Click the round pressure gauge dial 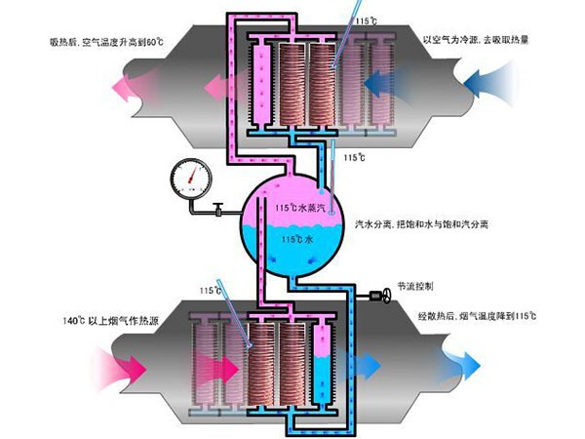[191, 179]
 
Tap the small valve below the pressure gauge [217, 209]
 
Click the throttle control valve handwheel [386, 297]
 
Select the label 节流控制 [415, 286]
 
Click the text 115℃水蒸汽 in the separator [300, 207]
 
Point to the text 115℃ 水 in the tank [297, 239]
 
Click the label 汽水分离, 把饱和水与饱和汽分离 [421, 224]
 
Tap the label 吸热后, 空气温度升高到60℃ [106, 41]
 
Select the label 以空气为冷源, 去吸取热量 [476, 40]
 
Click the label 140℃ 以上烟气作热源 [111, 320]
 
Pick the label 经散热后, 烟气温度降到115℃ [478, 316]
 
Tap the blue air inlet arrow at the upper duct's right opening [488, 84]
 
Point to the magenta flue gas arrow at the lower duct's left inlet [123, 369]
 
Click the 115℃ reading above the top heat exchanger [366, 20]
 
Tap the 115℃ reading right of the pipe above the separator [354, 157]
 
